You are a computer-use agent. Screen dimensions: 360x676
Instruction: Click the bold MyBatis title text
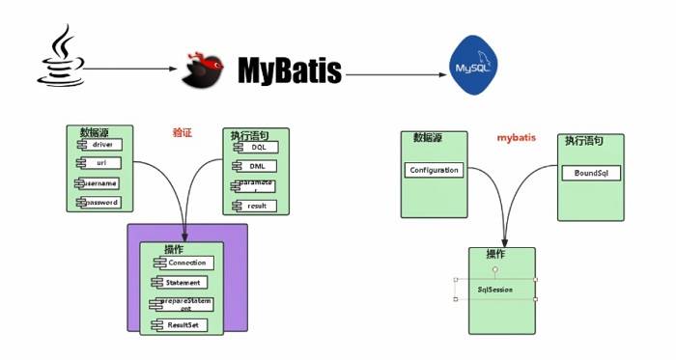[290, 71]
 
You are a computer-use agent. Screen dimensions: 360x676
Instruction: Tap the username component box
[99, 182]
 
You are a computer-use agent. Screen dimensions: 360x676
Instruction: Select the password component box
[100, 202]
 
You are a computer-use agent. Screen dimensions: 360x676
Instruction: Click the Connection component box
[185, 263]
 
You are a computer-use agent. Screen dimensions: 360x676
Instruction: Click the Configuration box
[434, 170]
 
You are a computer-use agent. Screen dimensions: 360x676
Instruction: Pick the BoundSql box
[590, 174]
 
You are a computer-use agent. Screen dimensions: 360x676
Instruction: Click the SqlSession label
[494, 289]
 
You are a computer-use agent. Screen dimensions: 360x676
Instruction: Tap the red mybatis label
[517, 138]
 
